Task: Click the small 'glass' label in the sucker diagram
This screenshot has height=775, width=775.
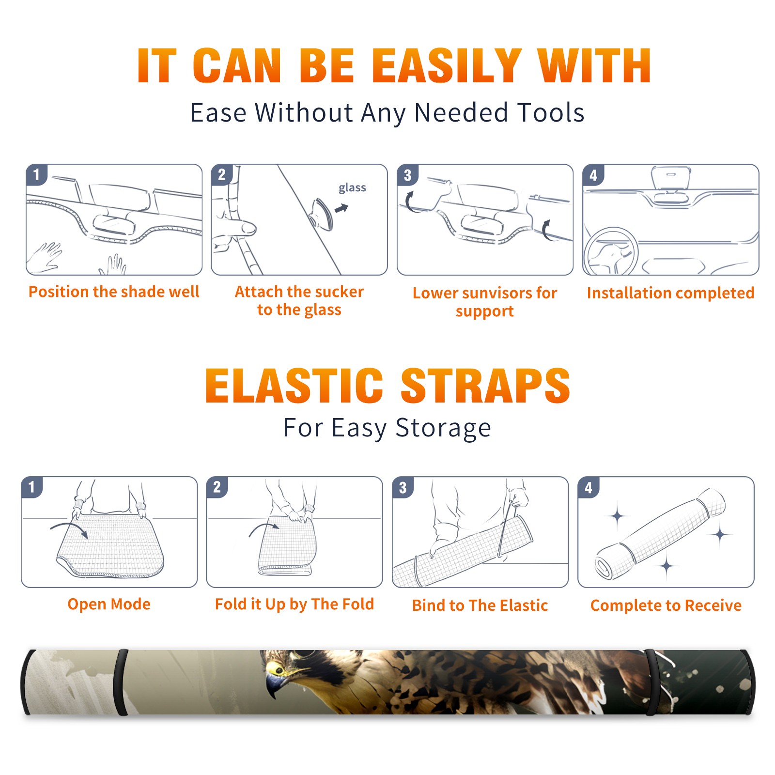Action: point(352,187)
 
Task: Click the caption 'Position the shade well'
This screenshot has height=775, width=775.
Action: point(114,292)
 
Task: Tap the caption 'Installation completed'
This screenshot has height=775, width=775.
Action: point(670,293)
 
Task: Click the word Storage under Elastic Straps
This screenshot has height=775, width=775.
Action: point(443,428)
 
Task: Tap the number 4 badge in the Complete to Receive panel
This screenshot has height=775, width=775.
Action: point(589,487)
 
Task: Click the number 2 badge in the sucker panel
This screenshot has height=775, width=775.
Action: point(222,174)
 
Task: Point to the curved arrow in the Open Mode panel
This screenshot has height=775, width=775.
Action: point(69,529)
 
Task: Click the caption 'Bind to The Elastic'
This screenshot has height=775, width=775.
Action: point(480,605)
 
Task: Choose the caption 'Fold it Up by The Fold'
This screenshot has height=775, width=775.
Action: point(294,604)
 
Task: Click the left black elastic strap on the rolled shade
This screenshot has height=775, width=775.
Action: point(121,682)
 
